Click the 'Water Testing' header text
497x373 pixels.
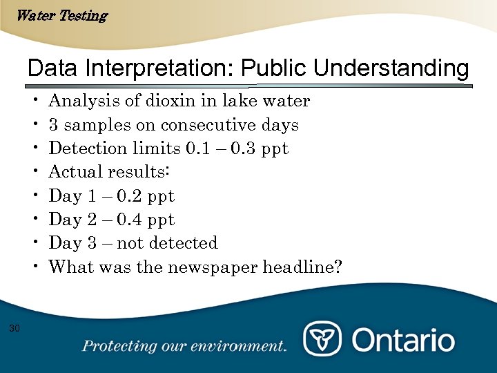coord(61,15)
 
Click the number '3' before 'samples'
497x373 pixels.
coord(53,126)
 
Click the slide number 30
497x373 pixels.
coord(14,327)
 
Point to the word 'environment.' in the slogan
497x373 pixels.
coord(245,345)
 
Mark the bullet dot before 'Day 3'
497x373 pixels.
coord(35,243)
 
